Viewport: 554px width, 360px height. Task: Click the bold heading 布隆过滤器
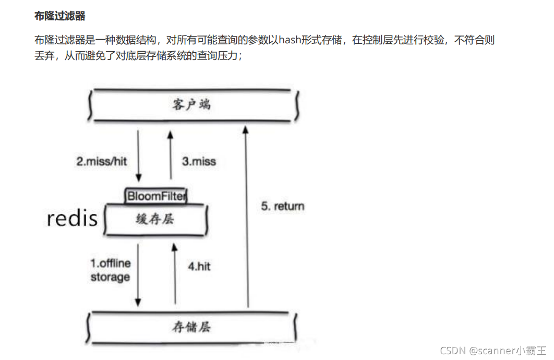click(59, 16)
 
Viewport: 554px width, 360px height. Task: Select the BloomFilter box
click(155, 196)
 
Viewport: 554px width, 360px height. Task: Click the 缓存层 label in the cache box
click(156, 219)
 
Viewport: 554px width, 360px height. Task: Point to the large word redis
click(73, 218)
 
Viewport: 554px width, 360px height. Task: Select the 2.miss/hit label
click(102, 161)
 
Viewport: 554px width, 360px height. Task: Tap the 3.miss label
click(199, 161)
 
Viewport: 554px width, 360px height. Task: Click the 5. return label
click(282, 206)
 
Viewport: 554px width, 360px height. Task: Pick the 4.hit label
click(199, 266)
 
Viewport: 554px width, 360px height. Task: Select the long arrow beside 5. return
click(248, 217)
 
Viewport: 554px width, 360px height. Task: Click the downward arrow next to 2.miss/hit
click(138, 155)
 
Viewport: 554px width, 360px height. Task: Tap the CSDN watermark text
click(452, 350)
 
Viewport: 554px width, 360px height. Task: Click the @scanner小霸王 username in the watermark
click(507, 350)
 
